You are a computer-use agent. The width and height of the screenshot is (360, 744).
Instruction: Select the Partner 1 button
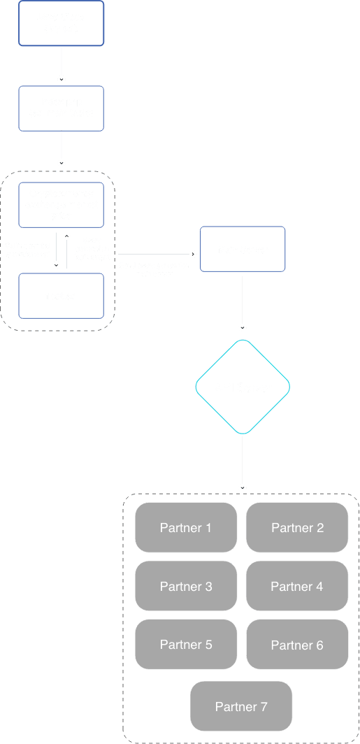click(185, 527)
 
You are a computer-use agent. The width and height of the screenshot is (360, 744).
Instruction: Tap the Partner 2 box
click(297, 527)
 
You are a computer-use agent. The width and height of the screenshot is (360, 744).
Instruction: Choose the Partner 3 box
click(185, 586)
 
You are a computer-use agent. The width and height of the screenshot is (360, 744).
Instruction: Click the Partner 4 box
click(297, 586)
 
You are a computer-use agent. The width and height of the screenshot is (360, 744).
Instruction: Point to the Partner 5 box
click(185, 645)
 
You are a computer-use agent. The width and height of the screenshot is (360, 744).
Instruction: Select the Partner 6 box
click(297, 645)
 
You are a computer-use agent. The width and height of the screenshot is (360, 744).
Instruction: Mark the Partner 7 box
click(241, 707)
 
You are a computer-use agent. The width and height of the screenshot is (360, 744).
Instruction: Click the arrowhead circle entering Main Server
click(193, 254)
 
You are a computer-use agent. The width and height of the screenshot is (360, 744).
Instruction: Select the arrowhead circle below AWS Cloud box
click(62, 79)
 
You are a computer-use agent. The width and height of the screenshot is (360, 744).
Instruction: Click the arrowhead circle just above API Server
click(243, 327)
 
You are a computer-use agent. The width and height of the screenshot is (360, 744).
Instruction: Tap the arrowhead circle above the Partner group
click(243, 487)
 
